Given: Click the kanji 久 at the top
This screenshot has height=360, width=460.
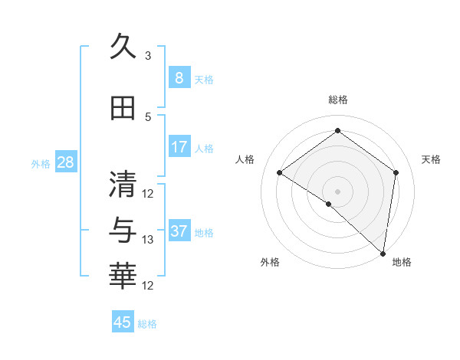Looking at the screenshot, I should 123,47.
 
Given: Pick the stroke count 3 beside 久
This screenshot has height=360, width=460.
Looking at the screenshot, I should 148,56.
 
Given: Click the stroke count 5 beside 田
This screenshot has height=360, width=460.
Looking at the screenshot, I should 148,116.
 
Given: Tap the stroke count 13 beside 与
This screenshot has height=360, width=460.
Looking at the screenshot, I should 148,240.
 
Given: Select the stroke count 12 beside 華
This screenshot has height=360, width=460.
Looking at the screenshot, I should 148,286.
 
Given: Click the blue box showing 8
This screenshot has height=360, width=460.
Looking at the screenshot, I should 179,77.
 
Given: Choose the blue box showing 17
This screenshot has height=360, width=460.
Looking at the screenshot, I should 179,146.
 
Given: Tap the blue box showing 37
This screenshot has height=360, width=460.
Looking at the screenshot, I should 179,231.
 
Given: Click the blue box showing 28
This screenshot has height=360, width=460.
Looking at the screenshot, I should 65,162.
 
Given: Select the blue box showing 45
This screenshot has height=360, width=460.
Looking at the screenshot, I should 123,322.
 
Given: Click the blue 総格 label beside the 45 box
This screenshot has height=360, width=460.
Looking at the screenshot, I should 147,324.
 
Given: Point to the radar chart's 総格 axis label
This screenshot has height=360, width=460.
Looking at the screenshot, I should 337,100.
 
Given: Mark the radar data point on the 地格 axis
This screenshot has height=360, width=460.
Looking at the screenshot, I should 383,254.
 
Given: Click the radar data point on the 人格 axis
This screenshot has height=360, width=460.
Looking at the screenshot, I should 280,172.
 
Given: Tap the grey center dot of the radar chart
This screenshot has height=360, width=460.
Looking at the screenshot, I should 337,191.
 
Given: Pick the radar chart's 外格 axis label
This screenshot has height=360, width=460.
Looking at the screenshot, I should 270,263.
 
